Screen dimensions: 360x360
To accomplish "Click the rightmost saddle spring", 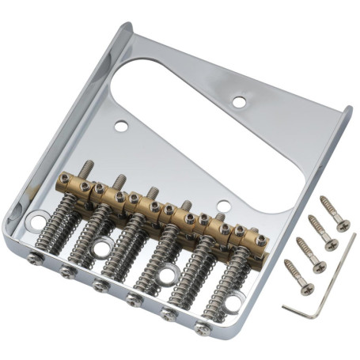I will pyautogui.click(x=216, y=289).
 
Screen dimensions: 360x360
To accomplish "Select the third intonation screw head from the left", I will pyautogui.click(x=99, y=284).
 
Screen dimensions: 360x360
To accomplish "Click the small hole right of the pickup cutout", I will pyautogui.click(x=238, y=100).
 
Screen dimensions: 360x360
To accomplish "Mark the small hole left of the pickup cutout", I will pyautogui.click(x=121, y=126).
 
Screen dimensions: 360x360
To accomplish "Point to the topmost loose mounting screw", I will pyautogui.click(x=334, y=213).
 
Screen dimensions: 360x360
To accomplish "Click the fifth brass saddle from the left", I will pyautogui.click(x=203, y=220).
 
